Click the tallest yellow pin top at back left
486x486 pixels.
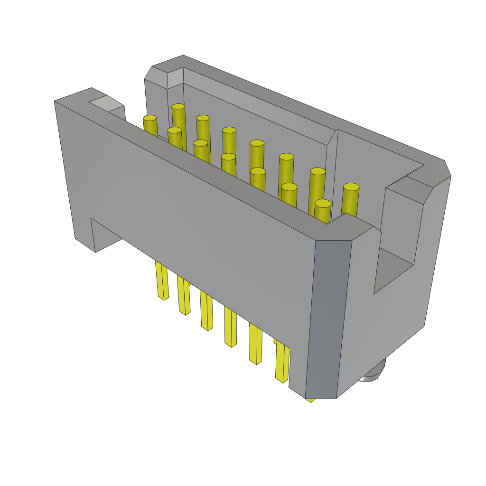[x=178, y=107]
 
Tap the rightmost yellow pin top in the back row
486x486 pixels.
[x=351, y=187]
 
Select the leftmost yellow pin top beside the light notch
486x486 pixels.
[x=150, y=118]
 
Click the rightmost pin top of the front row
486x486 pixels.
[x=323, y=204]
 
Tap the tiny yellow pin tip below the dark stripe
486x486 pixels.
[x=311, y=400]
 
